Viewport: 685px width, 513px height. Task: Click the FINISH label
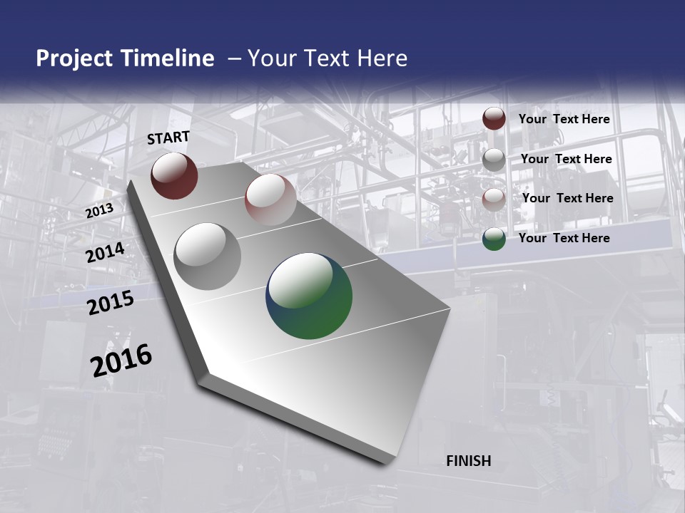click(x=468, y=461)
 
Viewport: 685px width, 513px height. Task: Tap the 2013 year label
click(x=99, y=210)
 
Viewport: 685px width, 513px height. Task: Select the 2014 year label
click(x=105, y=252)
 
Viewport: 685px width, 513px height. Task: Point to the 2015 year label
click(x=111, y=303)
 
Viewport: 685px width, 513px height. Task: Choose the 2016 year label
click(x=121, y=361)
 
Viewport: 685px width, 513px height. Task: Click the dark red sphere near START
click(x=174, y=175)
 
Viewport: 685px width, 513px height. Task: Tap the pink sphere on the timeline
click(x=270, y=199)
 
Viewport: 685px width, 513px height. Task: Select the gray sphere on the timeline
click(x=207, y=256)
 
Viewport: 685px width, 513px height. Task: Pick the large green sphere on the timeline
click(x=309, y=296)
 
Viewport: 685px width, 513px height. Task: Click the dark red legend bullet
click(x=494, y=119)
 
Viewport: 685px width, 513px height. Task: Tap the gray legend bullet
click(x=494, y=160)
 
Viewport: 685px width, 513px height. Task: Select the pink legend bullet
click(x=494, y=199)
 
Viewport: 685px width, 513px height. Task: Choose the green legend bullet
click(x=494, y=239)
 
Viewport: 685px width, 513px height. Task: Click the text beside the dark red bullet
click(x=564, y=119)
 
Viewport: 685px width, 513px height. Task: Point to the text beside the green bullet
click(x=564, y=238)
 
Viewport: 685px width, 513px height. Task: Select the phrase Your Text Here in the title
click(x=328, y=58)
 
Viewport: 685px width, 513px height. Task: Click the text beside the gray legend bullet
click(x=566, y=159)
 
